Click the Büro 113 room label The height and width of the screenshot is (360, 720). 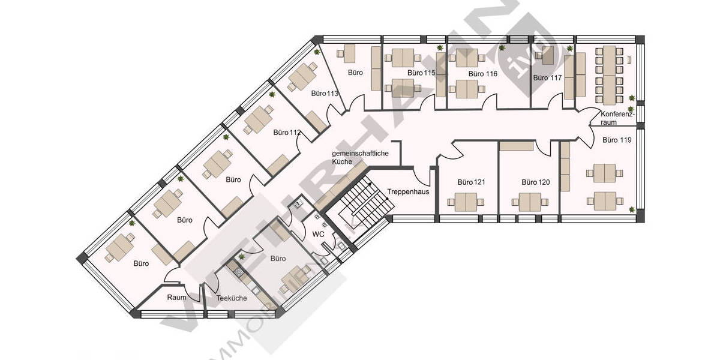(325, 94)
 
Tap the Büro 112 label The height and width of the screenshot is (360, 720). (286, 132)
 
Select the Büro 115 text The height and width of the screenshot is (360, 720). (421, 73)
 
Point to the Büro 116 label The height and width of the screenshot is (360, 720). (483, 74)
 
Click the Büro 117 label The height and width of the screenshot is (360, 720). (547, 78)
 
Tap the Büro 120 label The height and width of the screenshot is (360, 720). (536, 182)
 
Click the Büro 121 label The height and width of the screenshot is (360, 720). (471, 182)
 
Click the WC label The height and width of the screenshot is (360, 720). (319, 233)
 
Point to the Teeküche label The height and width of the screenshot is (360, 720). (232, 297)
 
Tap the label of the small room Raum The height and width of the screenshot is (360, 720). (176, 297)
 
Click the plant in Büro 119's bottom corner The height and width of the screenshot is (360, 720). (632, 209)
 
